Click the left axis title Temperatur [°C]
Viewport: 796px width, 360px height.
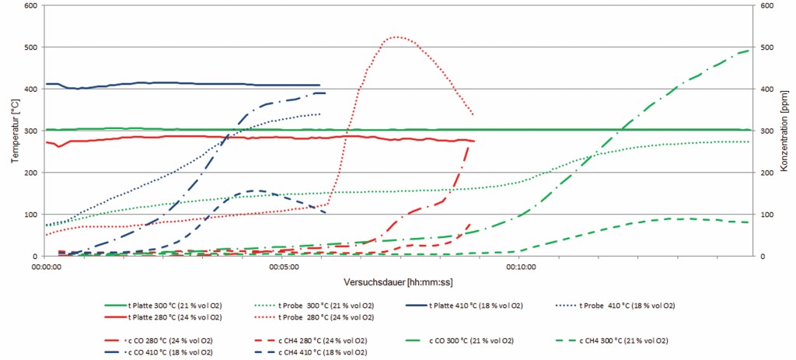click(15, 131)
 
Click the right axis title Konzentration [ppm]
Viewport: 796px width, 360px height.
click(784, 131)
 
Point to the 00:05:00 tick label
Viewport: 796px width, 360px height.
click(284, 267)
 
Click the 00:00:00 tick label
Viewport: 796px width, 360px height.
click(47, 267)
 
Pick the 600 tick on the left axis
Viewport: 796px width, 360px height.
click(30, 5)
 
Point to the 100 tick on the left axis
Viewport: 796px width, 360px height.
click(30, 215)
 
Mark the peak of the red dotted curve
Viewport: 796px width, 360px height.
click(396, 37)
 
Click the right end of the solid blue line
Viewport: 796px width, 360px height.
click(319, 85)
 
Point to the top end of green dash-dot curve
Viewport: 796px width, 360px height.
click(749, 51)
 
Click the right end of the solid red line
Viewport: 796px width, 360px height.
click(473, 141)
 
